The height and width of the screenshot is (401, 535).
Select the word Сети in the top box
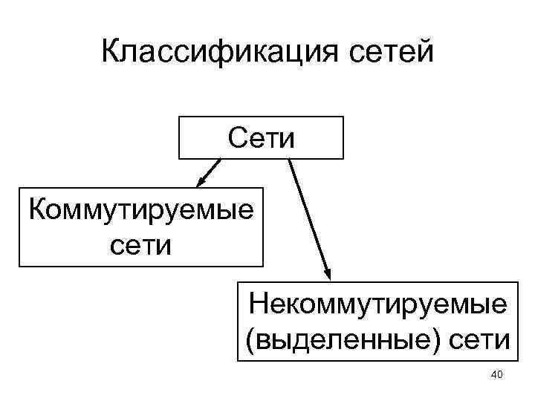tap(261, 138)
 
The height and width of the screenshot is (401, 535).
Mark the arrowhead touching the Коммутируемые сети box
tap(200, 183)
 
